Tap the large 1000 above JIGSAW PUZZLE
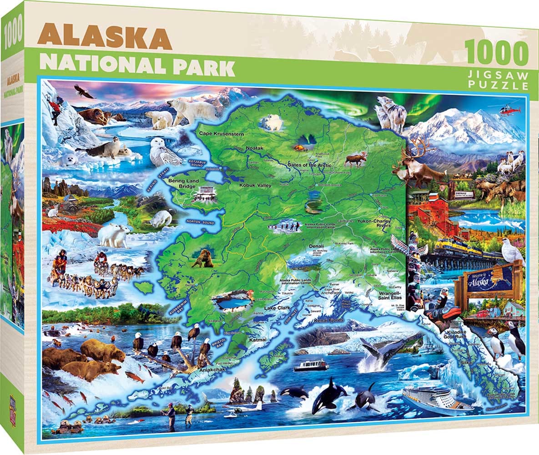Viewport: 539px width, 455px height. point(497,54)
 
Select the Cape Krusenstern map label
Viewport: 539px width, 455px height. point(222,134)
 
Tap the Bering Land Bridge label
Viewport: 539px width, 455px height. point(183,184)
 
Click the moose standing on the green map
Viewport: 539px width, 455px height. point(356,159)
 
